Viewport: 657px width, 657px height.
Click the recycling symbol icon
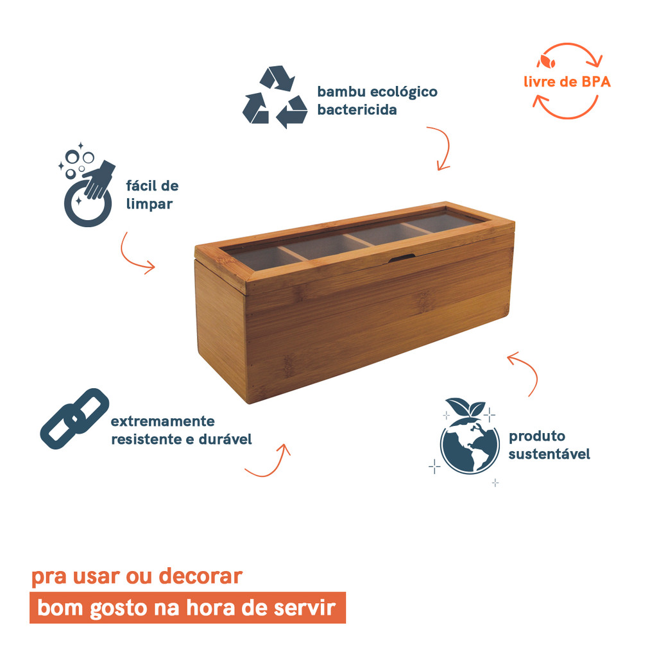275,98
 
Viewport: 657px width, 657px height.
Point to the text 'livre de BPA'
567,82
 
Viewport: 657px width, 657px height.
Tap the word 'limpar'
149,204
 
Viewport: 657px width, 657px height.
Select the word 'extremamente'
162,422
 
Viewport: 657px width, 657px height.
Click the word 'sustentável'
549,454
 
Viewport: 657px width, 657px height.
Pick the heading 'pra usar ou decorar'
137,576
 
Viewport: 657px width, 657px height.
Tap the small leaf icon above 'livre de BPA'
548,62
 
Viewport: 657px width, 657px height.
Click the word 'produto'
537,436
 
